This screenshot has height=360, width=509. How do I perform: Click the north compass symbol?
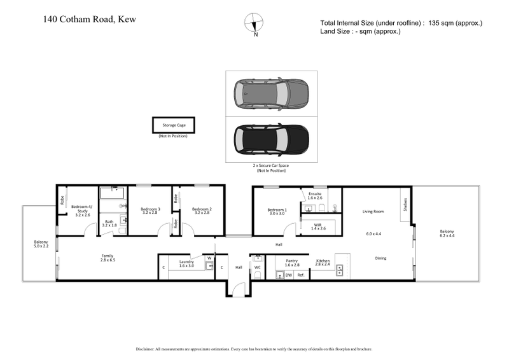pyautogui.click(x=254, y=22)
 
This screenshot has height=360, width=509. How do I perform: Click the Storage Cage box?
pyautogui.click(x=173, y=125)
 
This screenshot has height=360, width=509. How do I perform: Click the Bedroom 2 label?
pyautogui.click(x=202, y=211)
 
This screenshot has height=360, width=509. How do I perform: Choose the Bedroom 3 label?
pyautogui.click(x=150, y=211)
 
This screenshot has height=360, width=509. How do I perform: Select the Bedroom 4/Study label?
pyautogui.click(x=81, y=209)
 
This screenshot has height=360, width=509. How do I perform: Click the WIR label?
pyautogui.click(x=319, y=226)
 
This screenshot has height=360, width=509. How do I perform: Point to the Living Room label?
pyautogui.click(x=373, y=211)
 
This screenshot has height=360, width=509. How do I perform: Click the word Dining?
pyautogui.click(x=380, y=258)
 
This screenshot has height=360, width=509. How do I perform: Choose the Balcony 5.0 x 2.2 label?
pyautogui.click(x=41, y=244)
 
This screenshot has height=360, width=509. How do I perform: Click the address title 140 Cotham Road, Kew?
pyautogui.click(x=89, y=18)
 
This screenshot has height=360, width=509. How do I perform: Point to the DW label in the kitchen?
pyautogui.click(x=288, y=275)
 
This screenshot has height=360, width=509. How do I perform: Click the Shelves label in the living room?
pyautogui.click(x=404, y=205)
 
